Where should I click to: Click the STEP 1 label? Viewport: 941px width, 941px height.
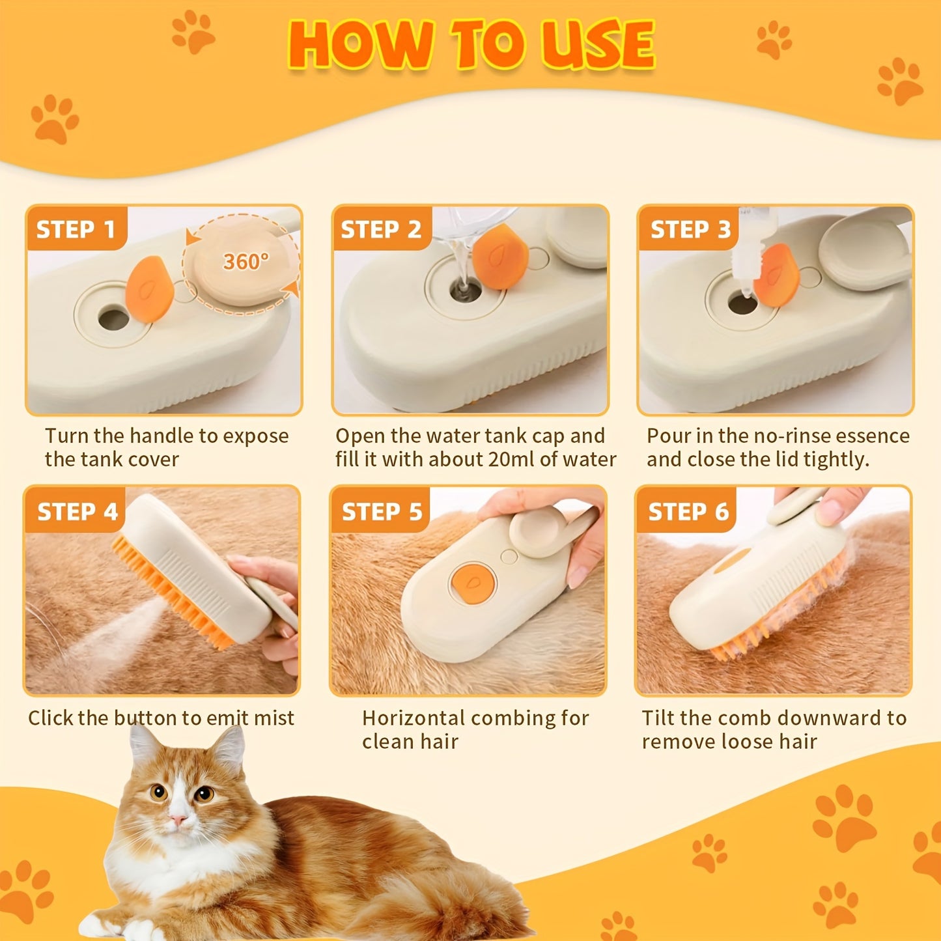tap(76, 229)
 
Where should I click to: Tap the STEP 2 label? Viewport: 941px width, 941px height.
tap(381, 229)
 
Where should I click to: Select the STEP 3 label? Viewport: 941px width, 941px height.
tap(690, 229)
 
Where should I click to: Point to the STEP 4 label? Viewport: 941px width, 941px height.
tap(77, 512)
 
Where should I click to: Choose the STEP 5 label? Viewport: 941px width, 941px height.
tap(382, 512)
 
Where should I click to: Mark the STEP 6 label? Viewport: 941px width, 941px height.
tap(688, 512)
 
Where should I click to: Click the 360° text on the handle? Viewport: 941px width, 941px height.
tap(246, 262)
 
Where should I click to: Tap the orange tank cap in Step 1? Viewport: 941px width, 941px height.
tap(150, 289)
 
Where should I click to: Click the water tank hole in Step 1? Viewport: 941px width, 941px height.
tap(113, 319)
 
